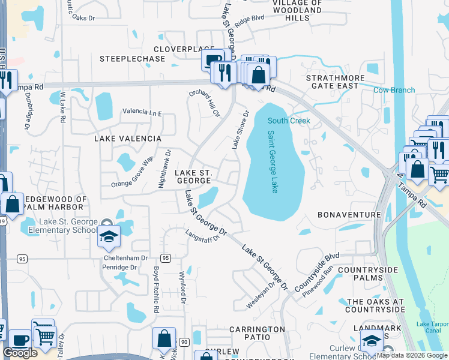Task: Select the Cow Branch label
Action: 394,90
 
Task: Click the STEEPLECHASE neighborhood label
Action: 132,59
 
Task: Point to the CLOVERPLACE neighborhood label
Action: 184,49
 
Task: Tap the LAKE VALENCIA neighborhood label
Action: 128,139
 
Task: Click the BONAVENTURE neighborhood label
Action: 349,214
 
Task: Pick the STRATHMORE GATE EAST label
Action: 332,82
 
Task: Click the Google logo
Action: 20,353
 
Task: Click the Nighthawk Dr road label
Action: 162,169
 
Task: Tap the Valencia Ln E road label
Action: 142,112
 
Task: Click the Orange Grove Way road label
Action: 132,173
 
